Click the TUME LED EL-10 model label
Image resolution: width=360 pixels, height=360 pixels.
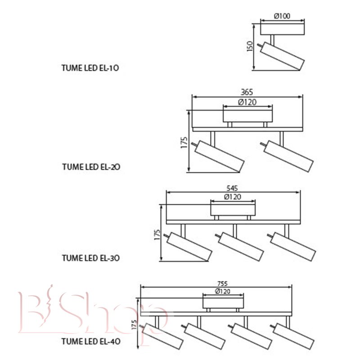tap(90, 68)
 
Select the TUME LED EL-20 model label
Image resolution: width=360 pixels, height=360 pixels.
tap(91, 166)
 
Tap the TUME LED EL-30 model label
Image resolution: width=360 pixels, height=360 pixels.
tap(91, 258)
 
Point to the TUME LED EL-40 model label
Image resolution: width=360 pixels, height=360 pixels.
tap(91, 342)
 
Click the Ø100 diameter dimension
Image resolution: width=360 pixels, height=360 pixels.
tap(282, 16)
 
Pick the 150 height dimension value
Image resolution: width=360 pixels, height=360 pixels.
tap(250, 46)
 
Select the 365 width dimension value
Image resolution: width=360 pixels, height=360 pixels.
tap(247, 92)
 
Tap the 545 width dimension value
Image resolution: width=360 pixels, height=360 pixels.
tap(232, 188)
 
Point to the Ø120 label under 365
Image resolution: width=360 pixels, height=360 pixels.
tap(247, 102)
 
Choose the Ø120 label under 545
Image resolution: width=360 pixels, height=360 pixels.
tap(233, 197)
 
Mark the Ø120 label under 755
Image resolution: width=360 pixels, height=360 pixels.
tap(223, 291)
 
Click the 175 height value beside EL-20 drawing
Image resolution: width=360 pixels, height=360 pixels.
tap(184, 143)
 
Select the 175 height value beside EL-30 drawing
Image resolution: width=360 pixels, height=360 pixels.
tap(157, 234)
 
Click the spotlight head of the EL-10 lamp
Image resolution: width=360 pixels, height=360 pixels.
tap(283, 56)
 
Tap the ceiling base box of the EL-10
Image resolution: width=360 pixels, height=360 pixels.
tap(283, 29)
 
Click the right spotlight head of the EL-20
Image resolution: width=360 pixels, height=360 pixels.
tap(289, 156)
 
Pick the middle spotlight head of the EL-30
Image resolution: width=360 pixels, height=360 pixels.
tap(241, 247)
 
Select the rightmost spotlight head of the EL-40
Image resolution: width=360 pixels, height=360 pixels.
tap(294, 336)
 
